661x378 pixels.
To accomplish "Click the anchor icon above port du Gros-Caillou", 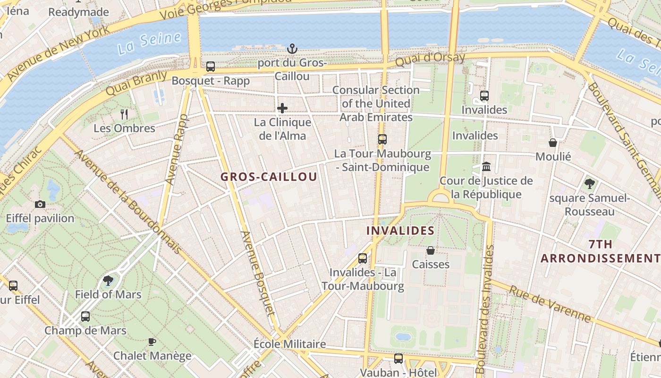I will click(x=292, y=48).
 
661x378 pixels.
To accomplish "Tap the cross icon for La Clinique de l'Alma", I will click(x=282, y=108).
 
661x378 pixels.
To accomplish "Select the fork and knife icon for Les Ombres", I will click(x=124, y=114).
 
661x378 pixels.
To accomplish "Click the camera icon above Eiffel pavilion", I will click(x=40, y=204).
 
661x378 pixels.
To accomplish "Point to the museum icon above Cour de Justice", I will click(x=486, y=167).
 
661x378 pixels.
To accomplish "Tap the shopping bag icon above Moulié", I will click(x=553, y=142).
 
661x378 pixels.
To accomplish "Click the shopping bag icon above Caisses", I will click(x=431, y=250).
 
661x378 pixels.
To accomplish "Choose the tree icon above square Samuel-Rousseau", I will click(x=589, y=184).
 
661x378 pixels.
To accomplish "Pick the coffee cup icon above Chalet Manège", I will click(x=152, y=341).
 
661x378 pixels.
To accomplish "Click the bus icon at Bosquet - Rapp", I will click(x=211, y=67).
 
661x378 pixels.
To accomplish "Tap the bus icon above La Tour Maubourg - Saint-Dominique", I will click(x=382, y=139).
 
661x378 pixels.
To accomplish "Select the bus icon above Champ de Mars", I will click(x=85, y=316).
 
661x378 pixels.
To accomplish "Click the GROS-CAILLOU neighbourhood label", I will click(x=269, y=177).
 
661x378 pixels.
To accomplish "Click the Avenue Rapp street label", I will click(x=177, y=149).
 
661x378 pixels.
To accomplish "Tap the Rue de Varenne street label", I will click(x=550, y=305).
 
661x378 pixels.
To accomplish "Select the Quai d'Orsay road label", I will click(x=430, y=60).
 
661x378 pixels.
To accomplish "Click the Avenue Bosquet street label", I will click(x=257, y=273).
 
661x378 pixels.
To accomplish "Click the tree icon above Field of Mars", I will click(x=108, y=281).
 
